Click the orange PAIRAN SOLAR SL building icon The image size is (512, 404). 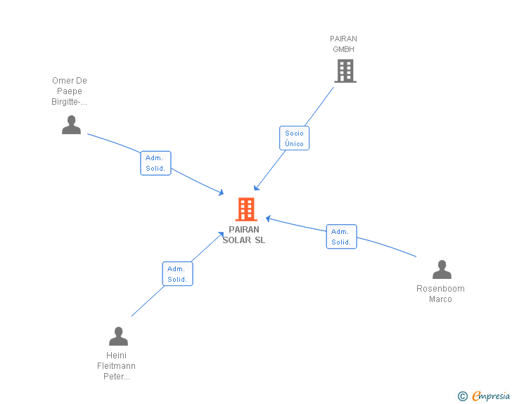245,209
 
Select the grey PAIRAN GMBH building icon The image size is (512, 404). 345,71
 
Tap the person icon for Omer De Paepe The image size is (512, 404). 71,124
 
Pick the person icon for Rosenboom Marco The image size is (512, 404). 441,270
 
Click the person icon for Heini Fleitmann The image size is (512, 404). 118,336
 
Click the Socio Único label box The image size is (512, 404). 294,138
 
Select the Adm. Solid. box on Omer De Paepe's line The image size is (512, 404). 155,163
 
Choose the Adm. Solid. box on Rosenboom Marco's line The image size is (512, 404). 341,237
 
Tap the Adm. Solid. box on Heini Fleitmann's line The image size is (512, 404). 177,274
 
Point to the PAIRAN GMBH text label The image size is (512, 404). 344,44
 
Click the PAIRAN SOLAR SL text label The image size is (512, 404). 244,235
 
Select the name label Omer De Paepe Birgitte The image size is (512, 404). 70,91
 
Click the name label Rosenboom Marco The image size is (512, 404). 440,294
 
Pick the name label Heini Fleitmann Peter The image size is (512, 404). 117,365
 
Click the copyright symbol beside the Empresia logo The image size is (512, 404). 462,396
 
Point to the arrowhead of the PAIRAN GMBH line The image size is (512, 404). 256,188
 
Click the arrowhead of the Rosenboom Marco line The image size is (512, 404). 268,218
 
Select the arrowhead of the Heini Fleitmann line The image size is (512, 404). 222,233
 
